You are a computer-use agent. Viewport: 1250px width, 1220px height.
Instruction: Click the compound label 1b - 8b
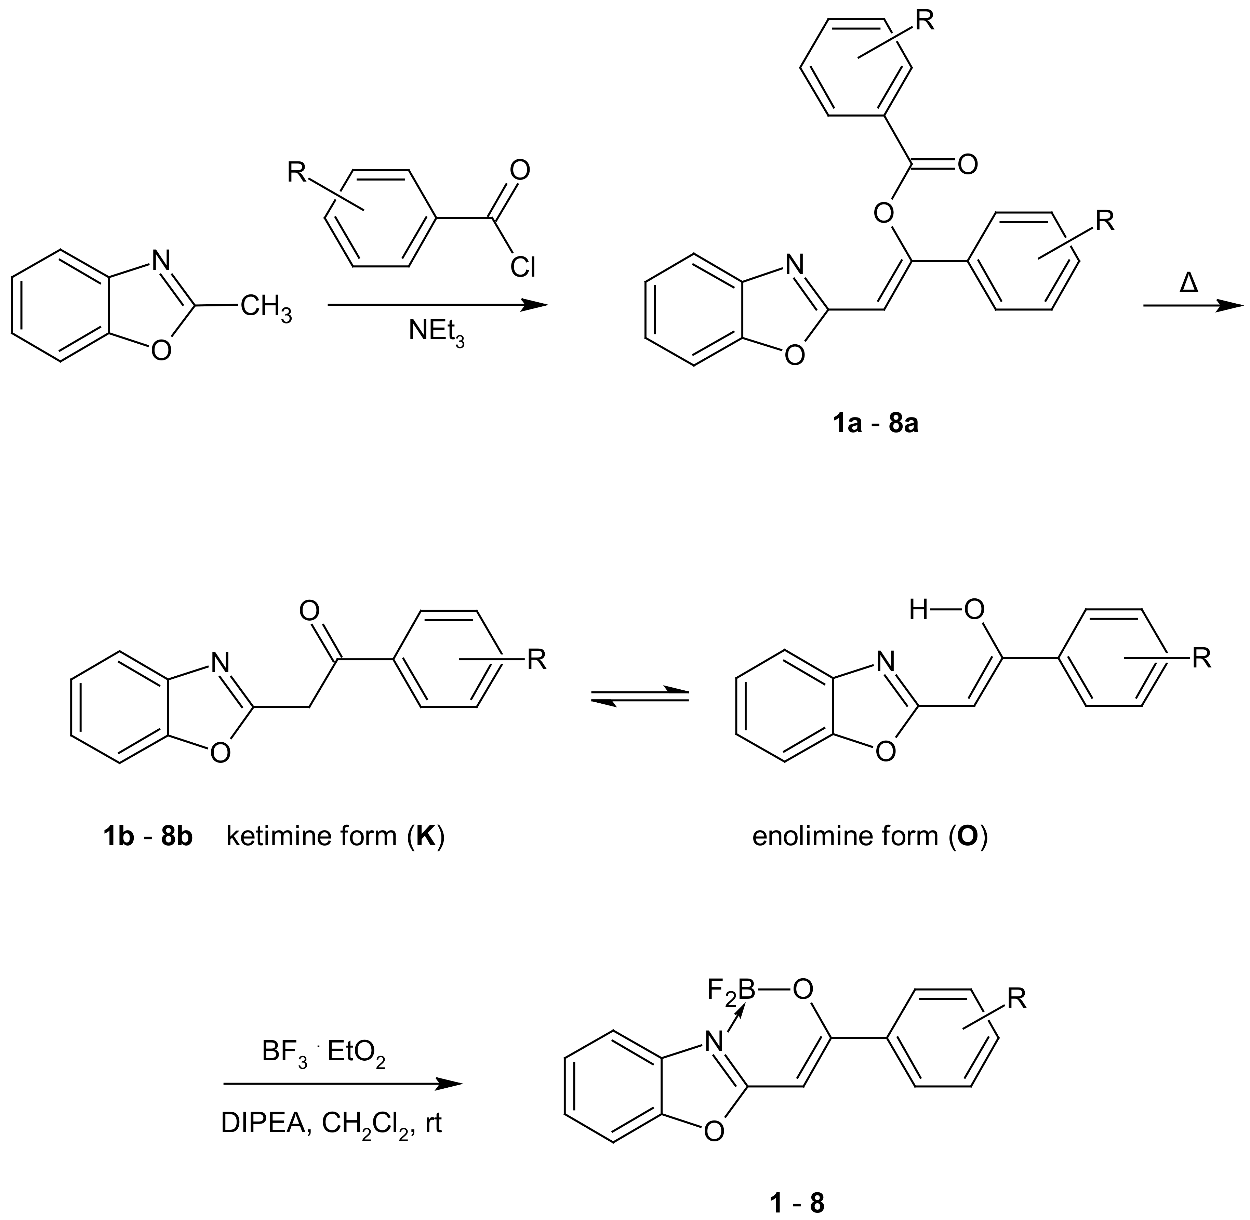(x=147, y=837)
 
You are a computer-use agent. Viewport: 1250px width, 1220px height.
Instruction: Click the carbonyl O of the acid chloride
(x=520, y=170)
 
